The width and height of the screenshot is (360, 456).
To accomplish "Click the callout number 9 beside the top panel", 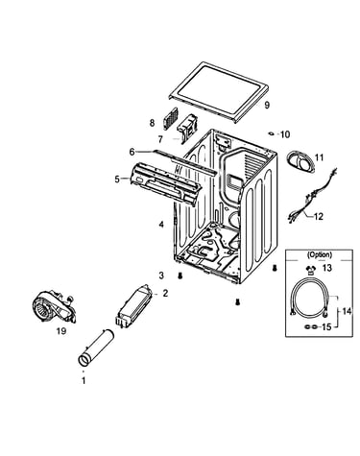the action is [x=267, y=105].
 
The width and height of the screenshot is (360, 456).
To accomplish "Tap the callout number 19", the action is [x=61, y=331].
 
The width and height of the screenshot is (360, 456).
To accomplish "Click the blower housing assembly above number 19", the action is [x=55, y=306].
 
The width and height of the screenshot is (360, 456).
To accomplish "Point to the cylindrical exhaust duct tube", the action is [x=96, y=347].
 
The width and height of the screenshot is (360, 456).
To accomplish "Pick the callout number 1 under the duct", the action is [x=84, y=381].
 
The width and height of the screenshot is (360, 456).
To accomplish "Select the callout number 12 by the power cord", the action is [x=319, y=217].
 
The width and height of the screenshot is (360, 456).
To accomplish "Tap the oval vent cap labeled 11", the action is [x=300, y=163].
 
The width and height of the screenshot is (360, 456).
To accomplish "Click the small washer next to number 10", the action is [x=272, y=133].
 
